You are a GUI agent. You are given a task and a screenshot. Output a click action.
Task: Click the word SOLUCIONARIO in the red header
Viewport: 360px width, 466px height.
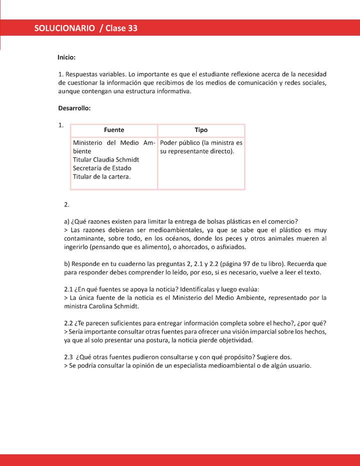(x=64, y=28)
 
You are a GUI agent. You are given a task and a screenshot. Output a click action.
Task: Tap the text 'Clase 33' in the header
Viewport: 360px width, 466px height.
(x=121, y=28)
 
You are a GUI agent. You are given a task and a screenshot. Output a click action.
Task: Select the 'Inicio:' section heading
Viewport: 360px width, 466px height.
(x=66, y=57)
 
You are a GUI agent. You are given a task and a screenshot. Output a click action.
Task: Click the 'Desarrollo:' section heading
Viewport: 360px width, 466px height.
(x=74, y=108)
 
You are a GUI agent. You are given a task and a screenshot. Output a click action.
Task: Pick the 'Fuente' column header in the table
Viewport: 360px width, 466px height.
(x=114, y=130)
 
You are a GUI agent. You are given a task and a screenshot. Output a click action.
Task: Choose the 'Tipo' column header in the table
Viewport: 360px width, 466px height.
(x=201, y=130)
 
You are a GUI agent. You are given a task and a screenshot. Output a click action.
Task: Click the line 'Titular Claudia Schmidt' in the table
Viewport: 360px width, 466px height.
(x=106, y=159)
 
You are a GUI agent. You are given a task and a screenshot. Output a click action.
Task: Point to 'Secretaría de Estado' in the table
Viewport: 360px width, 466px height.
(x=102, y=168)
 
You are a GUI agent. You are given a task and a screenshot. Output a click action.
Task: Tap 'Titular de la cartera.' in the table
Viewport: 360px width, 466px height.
(x=102, y=176)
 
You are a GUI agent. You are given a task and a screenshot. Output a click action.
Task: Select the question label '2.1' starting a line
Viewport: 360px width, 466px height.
(x=69, y=289)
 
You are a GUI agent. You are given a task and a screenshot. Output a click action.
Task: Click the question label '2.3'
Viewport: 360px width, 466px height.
(x=69, y=357)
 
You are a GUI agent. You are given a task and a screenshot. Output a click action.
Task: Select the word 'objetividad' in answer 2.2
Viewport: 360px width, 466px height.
(x=234, y=340)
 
